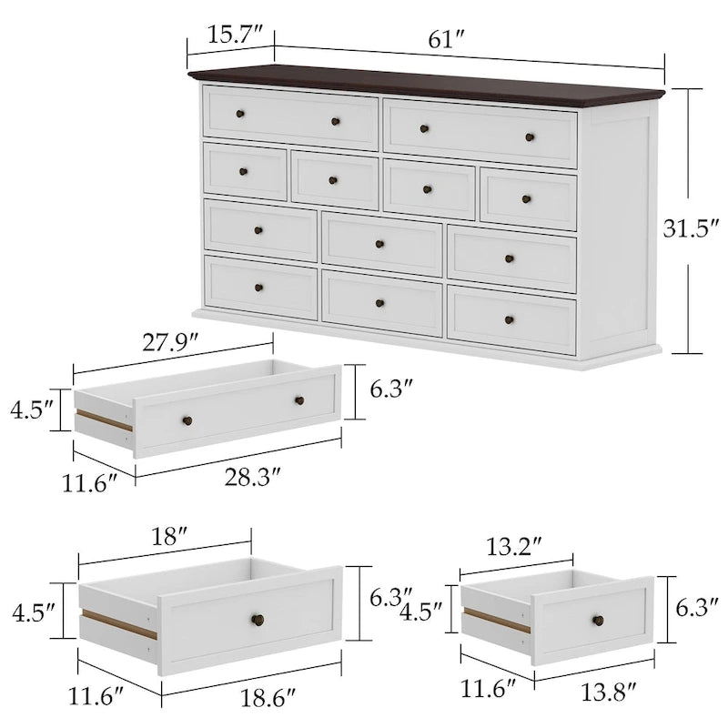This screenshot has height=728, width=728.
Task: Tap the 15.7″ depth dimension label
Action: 228,35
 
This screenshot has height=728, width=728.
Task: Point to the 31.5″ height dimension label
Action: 689,228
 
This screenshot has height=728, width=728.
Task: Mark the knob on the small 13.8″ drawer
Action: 598,621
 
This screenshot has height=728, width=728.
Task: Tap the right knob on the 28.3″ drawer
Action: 298,400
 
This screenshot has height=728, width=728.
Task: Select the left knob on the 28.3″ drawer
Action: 187,420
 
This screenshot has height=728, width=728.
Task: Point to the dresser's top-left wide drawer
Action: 290,117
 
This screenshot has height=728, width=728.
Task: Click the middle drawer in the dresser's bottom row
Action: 380,302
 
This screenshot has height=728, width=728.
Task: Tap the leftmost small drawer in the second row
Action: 245,170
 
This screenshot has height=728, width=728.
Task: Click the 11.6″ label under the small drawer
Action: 486,689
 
